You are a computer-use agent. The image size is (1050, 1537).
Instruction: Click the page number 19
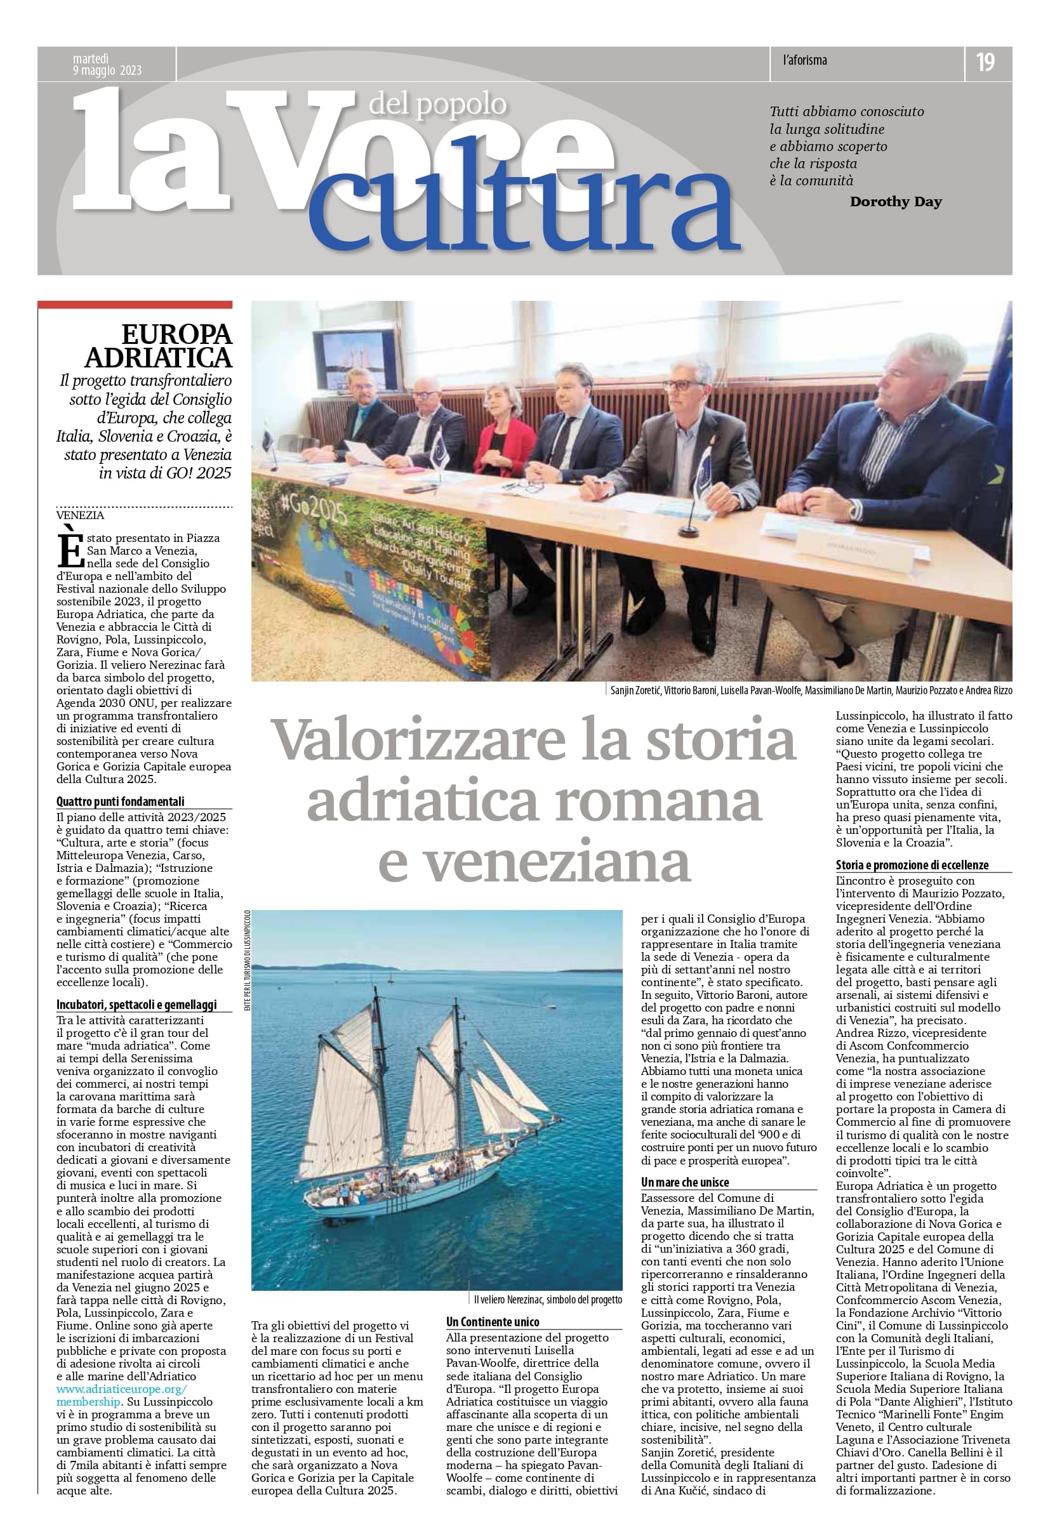click(985, 62)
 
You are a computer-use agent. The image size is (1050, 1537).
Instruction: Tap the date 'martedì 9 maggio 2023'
click(107, 65)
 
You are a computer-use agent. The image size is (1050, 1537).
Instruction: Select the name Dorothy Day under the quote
click(895, 202)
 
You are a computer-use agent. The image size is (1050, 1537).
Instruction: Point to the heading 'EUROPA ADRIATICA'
click(159, 345)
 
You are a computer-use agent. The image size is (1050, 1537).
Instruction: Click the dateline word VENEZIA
click(80, 515)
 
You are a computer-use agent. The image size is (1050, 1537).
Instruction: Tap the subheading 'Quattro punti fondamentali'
click(121, 801)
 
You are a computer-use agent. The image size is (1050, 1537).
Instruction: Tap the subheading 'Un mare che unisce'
click(685, 1182)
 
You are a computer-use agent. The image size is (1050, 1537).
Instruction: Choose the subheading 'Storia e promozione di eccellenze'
click(912, 865)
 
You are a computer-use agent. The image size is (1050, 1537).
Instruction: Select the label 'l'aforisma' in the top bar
click(804, 61)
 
